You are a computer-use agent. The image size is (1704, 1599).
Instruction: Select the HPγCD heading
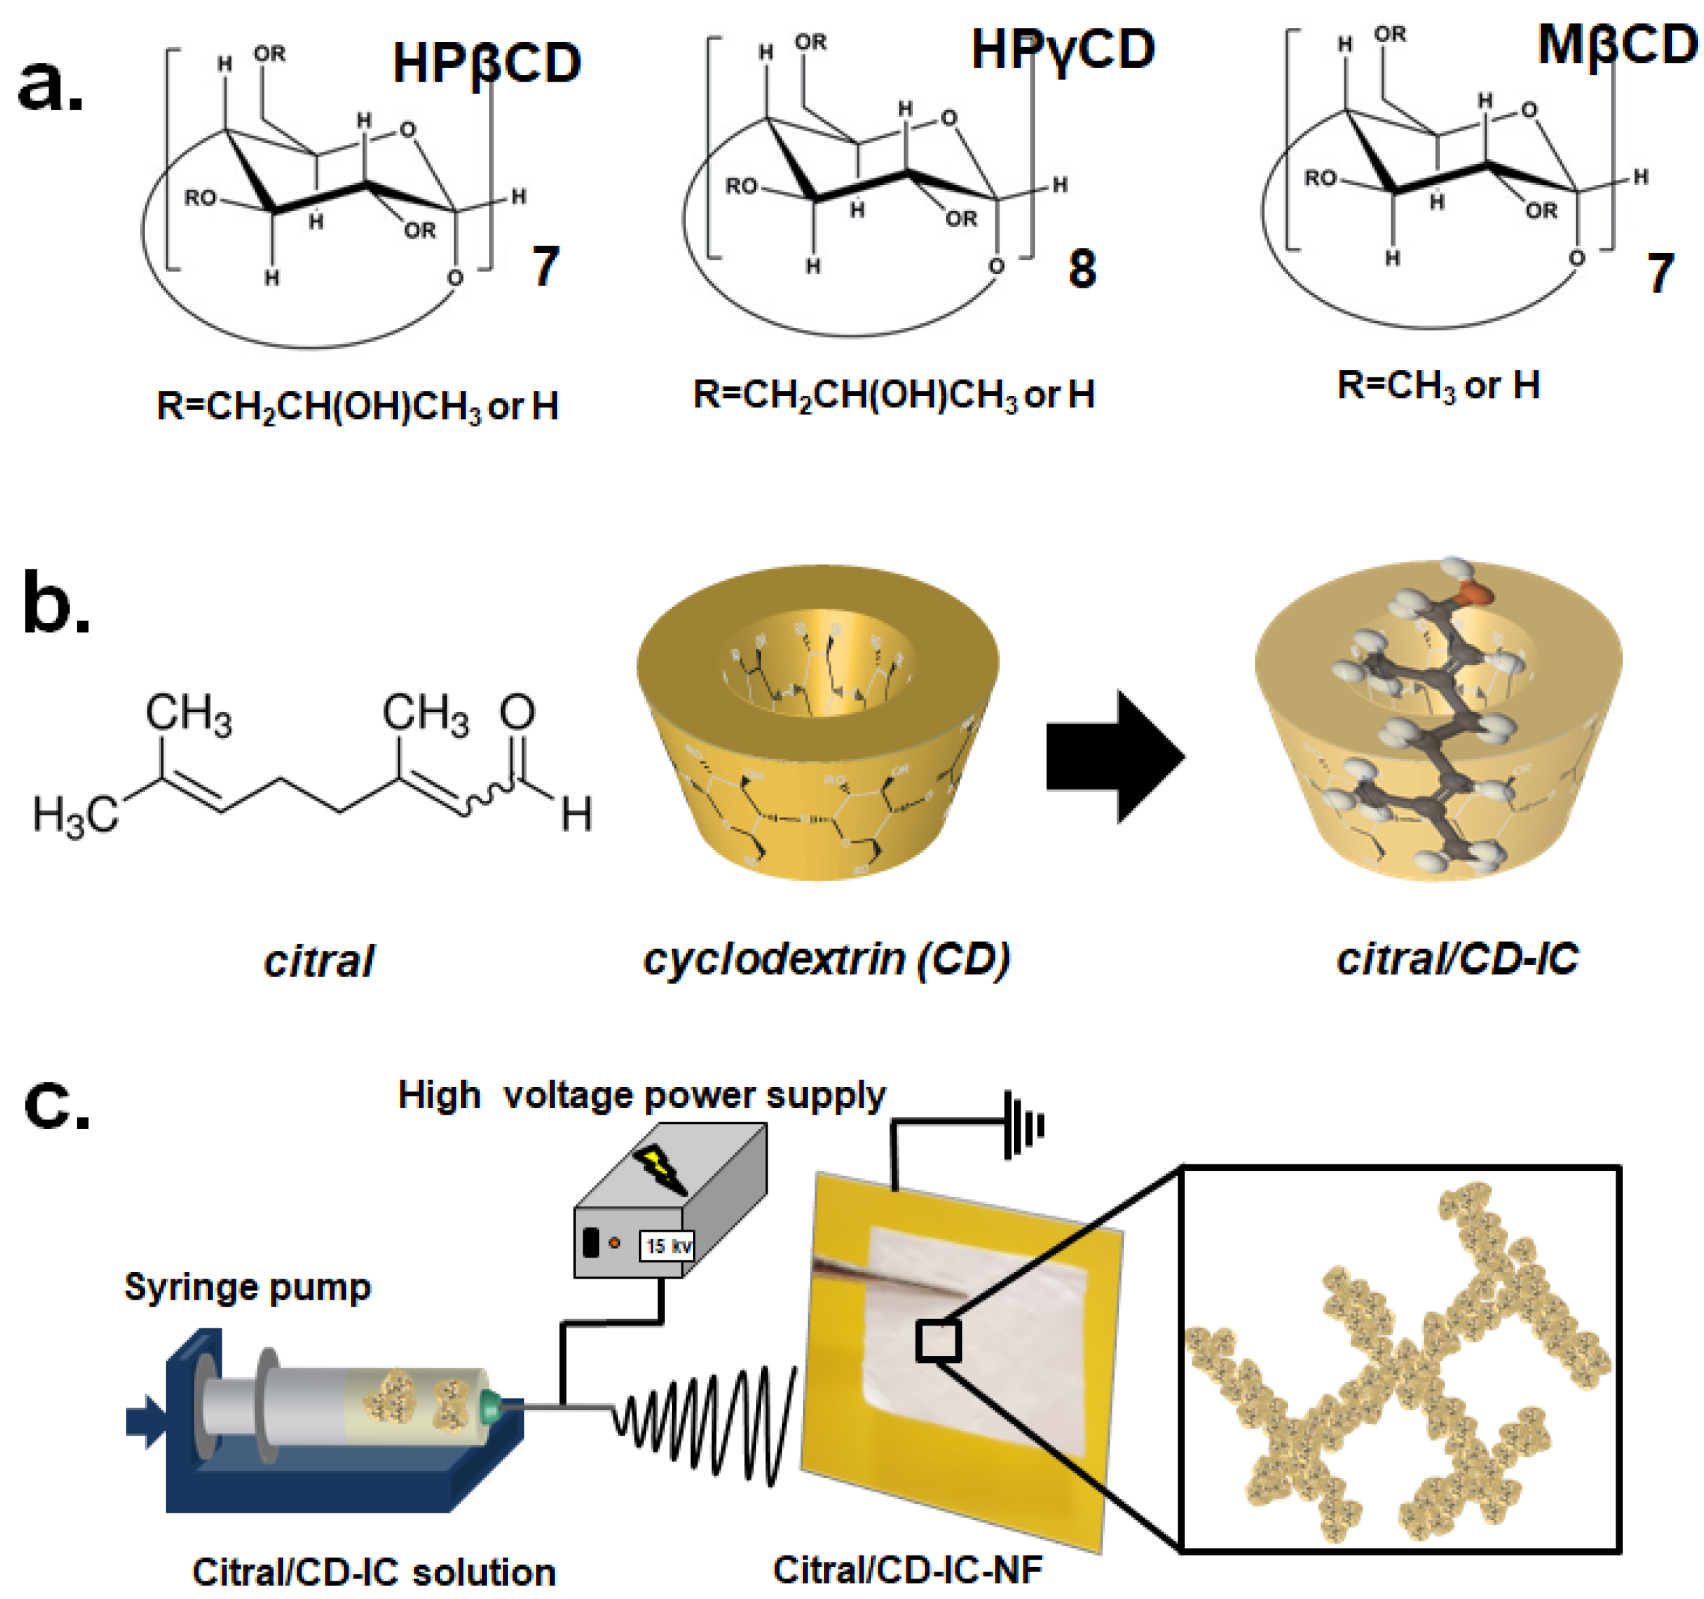(1062, 49)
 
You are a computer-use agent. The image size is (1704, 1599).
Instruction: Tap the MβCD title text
(1616, 45)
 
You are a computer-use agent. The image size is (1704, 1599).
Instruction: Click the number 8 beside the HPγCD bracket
(1082, 269)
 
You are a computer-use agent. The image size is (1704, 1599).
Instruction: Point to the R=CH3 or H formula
(1438, 385)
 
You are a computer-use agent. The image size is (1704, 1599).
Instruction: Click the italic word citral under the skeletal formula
(319, 961)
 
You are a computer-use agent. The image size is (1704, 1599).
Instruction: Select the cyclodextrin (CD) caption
(826, 958)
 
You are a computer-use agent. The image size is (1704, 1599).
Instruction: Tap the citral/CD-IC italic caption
(1457, 958)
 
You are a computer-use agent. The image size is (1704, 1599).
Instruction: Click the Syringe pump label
(247, 1287)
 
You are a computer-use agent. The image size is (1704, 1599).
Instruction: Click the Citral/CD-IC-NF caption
(907, 1570)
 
